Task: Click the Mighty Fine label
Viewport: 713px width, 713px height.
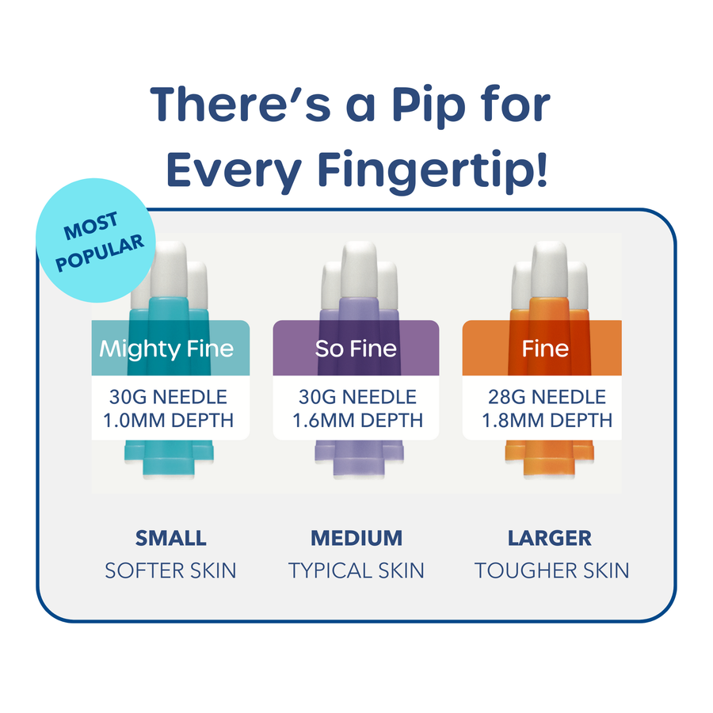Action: coord(167,349)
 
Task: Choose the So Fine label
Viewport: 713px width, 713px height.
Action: coord(356,349)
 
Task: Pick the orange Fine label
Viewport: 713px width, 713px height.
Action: coord(545,349)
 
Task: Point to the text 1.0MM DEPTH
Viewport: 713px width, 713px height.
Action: coord(169,421)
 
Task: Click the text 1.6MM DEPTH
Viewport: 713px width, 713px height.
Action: coord(357,421)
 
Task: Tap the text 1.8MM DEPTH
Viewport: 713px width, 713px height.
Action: coord(547,421)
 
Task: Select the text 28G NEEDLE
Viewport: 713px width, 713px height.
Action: coord(547,397)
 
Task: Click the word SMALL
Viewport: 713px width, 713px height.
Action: coord(171,539)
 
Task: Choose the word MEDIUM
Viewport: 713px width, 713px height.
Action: coord(356,539)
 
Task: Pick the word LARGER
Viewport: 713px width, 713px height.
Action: coord(550,539)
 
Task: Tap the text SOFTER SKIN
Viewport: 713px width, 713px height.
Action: coord(171,570)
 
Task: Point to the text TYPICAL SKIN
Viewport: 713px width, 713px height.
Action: coord(356,570)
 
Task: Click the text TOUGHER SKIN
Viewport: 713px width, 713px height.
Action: coord(552,570)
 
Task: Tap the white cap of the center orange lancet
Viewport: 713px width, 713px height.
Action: coord(549,269)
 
